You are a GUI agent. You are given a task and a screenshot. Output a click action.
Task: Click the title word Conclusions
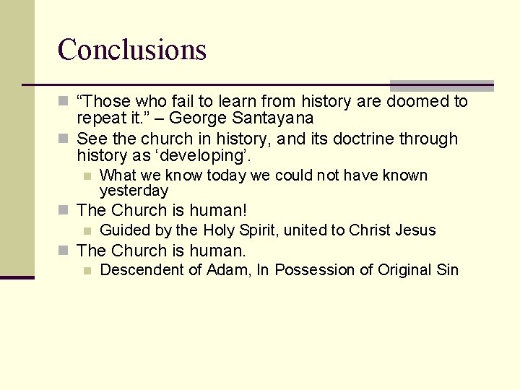coord(132,50)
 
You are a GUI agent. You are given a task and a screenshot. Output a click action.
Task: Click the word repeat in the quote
coord(100,118)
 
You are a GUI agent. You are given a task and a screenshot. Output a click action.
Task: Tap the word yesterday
coord(134,191)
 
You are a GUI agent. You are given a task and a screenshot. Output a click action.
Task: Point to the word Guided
coord(124,230)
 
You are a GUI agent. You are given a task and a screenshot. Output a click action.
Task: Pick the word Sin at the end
coord(447,270)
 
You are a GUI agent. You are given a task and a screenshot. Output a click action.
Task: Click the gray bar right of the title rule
coord(441,85)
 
